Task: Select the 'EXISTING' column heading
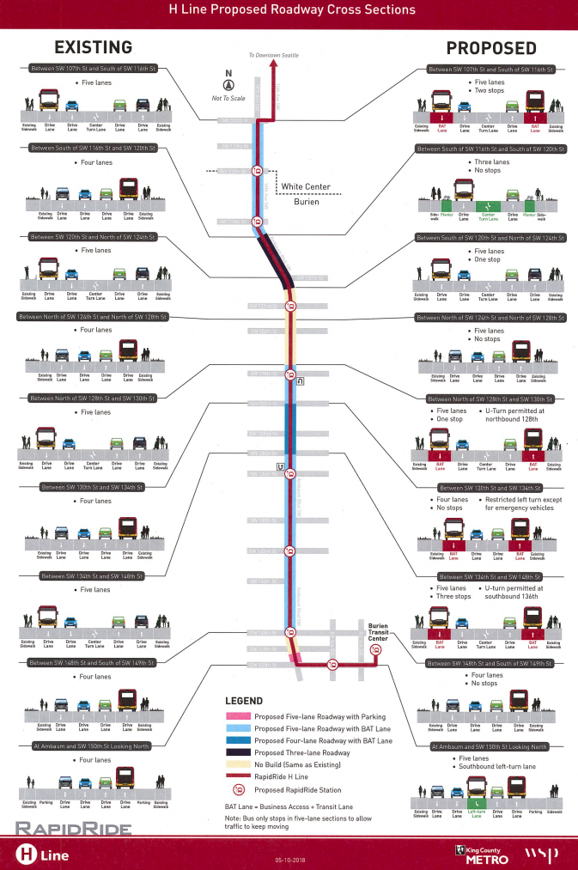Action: [x=92, y=47]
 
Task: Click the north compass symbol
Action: [x=228, y=84]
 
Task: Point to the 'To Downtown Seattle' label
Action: [x=277, y=55]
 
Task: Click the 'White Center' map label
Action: [x=307, y=186]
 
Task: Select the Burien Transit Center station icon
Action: [x=375, y=650]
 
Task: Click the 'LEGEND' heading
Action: [x=243, y=701]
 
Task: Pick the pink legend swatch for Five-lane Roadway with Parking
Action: [x=238, y=716]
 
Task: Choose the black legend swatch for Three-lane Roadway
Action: [x=238, y=752]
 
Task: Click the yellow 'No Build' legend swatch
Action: [x=238, y=764]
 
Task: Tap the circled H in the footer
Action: [x=27, y=852]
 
